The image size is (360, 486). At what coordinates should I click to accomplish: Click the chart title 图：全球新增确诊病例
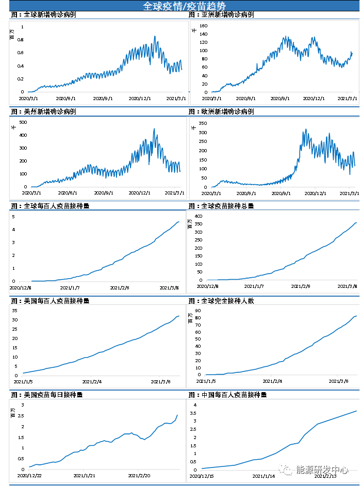[44, 15]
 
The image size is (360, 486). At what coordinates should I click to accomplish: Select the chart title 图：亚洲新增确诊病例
[221, 15]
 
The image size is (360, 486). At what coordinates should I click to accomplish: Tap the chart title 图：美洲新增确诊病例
[44, 111]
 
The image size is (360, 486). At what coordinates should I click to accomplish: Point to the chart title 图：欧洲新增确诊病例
[221, 111]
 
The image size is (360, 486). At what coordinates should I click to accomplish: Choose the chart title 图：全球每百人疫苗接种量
[51, 206]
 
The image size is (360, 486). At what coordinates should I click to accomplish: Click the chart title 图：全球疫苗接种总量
[221, 206]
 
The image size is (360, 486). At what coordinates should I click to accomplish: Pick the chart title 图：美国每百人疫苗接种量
[51, 301]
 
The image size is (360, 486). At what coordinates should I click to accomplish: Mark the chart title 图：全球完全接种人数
[221, 301]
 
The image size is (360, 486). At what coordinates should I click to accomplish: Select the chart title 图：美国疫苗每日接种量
[47, 395]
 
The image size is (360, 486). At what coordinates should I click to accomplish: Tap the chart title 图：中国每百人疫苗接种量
[228, 395]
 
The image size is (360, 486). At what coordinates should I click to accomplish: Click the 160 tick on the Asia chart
[203, 26]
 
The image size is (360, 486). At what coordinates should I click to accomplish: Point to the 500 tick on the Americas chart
[23, 122]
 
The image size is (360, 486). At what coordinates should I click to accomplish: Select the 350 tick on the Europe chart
[202, 123]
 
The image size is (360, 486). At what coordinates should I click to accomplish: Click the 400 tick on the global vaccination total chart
[198, 215]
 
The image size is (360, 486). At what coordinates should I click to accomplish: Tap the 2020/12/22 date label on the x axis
[29, 476]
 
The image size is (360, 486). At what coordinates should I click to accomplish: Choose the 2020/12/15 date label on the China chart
[202, 476]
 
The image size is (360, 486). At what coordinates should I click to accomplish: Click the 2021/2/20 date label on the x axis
[139, 476]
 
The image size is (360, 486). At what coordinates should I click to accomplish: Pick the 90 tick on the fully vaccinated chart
[199, 311]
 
